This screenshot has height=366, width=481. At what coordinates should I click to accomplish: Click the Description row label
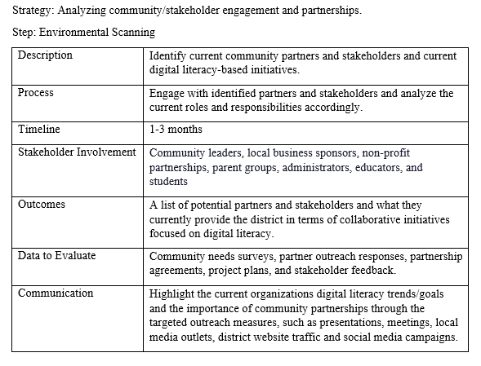tap(45, 55)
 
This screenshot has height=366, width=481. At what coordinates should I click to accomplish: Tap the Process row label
tap(36, 93)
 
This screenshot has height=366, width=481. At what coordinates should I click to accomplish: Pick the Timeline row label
tap(39, 130)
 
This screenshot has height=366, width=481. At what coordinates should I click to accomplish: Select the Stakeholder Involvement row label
tap(77, 152)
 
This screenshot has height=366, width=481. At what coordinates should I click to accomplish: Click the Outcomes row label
tap(42, 205)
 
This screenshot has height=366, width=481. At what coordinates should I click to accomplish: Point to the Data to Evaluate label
tap(56, 256)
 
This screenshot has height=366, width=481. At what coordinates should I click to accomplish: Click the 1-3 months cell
tap(176, 130)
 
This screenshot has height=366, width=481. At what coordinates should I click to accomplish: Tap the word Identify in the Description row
tap(169, 55)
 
